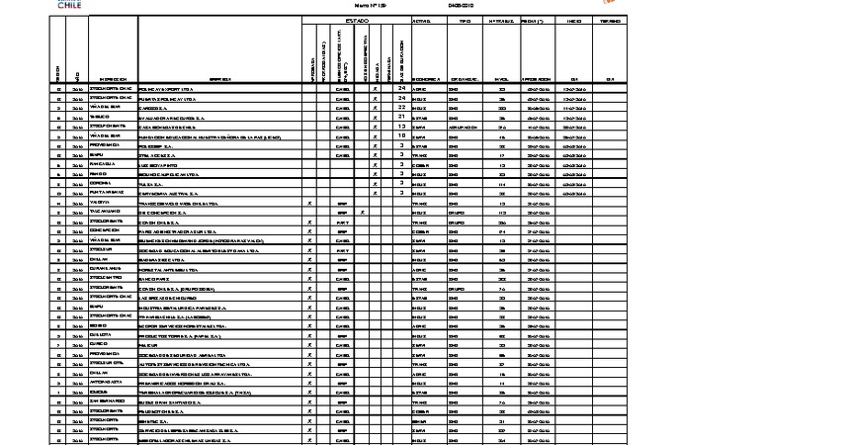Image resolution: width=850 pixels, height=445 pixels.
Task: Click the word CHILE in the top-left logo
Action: tap(68, 6)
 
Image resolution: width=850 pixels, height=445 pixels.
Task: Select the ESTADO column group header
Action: tap(356, 20)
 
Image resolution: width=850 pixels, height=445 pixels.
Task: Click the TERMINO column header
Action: tap(610, 20)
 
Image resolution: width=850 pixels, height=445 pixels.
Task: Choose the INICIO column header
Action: tap(572, 20)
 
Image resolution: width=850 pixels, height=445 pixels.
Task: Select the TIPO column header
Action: tap(464, 20)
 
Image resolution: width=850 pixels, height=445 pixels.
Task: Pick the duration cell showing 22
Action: tap(402, 107)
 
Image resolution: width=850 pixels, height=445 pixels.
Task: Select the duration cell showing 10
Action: tap(402, 135)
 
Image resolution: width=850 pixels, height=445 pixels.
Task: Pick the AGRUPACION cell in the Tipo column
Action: tap(465, 127)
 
